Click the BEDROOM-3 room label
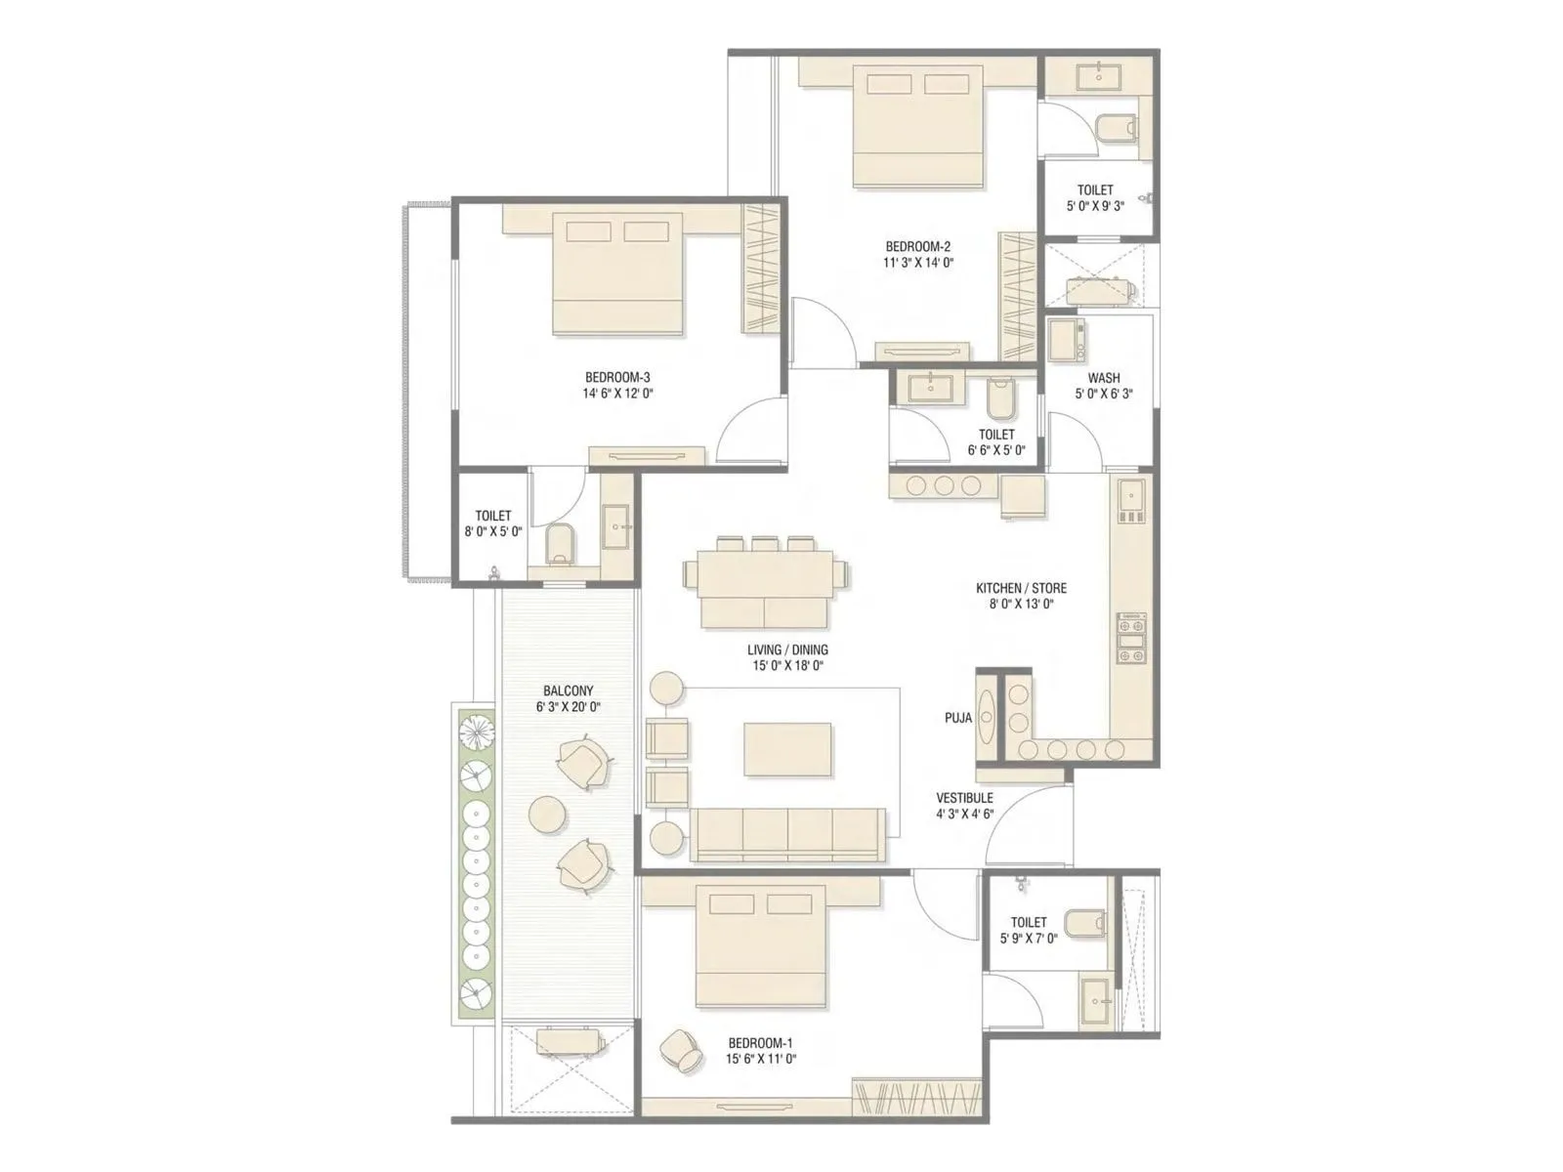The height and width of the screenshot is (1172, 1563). click(617, 377)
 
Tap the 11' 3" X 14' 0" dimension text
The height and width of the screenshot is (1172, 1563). click(918, 263)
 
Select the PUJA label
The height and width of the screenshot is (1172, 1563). click(957, 718)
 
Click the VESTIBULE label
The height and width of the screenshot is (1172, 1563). click(964, 798)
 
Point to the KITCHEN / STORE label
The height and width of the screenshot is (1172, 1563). click(1021, 588)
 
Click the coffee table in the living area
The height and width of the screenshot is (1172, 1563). click(787, 749)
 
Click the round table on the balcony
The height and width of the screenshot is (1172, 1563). click(545, 814)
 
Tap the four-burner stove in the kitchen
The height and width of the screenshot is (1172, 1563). click(1132, 637)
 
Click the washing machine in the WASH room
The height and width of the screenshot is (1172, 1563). click(1067, 339)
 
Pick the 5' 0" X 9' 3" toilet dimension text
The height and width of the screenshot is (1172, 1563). click(1095, 206)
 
